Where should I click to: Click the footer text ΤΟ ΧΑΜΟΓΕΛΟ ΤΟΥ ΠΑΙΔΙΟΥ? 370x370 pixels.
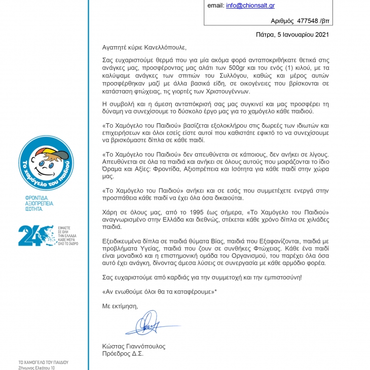(x=43, y=362)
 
